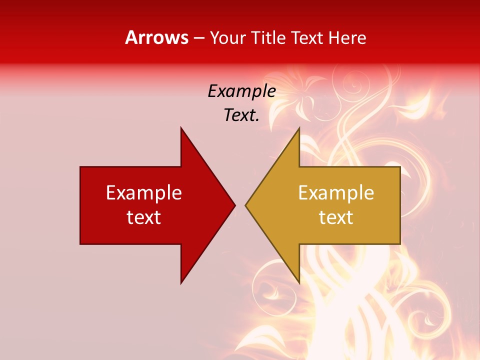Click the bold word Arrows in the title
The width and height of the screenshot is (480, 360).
(x=156, y=37)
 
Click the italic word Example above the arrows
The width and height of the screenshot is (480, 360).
(x=242, y=91)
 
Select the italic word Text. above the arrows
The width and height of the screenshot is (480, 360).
(x=242, y=115)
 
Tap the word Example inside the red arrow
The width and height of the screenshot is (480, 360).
(x=144, y=192)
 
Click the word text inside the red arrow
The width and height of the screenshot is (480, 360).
(x=144, y=217)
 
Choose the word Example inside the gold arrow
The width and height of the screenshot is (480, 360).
(x=336, y=192)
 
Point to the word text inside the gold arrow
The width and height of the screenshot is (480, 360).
(x=336, y=217)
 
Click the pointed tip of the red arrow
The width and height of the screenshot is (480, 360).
(x=234, y=205)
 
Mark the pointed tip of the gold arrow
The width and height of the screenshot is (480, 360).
(x=246, y=205)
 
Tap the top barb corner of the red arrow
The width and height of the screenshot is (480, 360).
(x=181, y=128)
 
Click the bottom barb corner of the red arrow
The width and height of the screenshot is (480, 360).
(x=181, y=283)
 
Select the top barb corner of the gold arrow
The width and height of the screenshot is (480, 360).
(x=299, y=128)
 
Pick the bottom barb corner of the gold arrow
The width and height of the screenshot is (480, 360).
(x=299, y=283)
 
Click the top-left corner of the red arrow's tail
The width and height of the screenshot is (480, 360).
(x=80, y=167)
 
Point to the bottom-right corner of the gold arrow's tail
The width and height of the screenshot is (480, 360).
(x=400, y=243)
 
